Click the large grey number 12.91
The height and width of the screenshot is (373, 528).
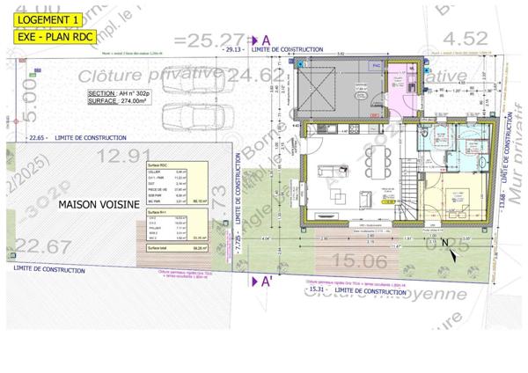(x=123, y=156)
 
